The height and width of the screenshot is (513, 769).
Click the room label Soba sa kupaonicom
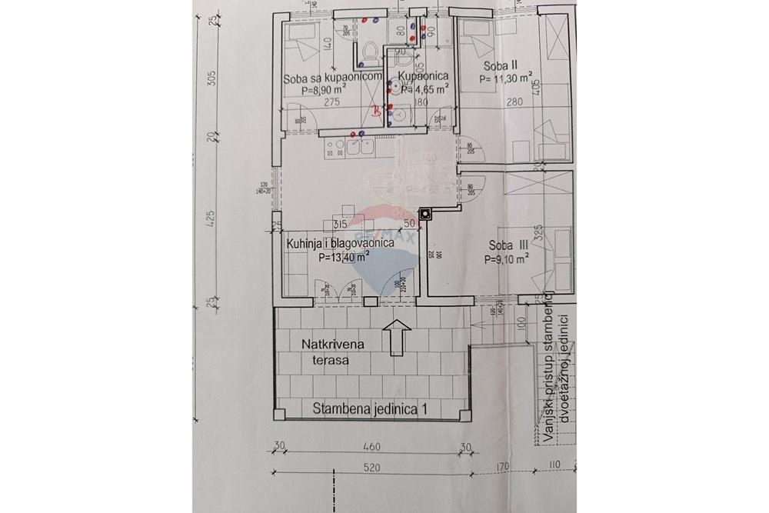[333, 78]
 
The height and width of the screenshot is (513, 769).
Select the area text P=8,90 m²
[323, 90]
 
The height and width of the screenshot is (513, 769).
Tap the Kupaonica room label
[423, 77]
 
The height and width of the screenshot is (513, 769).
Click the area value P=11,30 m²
[506, 78]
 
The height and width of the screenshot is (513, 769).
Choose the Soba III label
[508, 247]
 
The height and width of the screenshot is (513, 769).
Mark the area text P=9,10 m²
[506, 260]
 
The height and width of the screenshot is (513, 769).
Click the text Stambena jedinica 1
[370, 410]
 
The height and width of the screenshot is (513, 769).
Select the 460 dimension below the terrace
[371, 446]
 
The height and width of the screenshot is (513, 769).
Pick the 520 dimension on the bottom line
[371, 465]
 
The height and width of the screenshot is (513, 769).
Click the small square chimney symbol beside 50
[424, 215]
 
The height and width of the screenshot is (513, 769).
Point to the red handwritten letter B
[375, 112]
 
